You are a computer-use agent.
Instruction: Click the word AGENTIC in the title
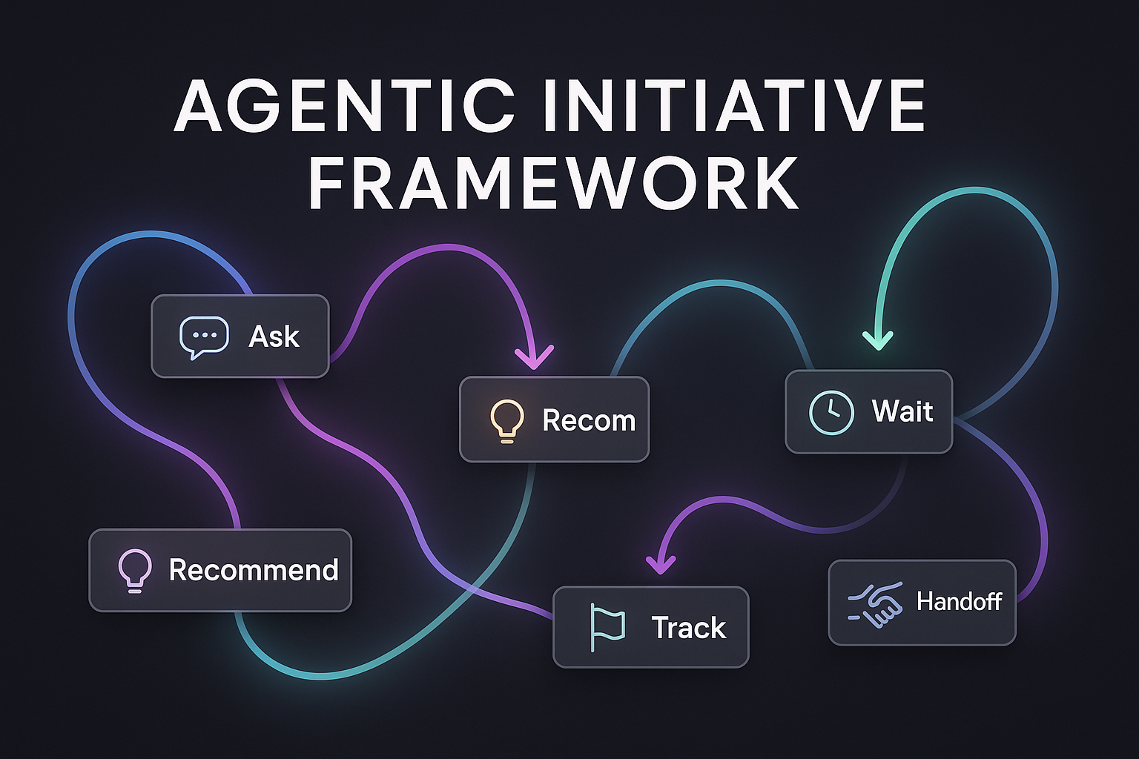(x=344, y=106)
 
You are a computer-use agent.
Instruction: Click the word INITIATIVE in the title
(x=734, y=106)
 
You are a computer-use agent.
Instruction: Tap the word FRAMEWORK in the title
(x=553, y=182)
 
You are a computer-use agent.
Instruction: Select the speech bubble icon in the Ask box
(x=204, y=337)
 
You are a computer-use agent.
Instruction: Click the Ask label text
(x=274, y=337)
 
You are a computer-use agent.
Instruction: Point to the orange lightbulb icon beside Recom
(x=506, y=421)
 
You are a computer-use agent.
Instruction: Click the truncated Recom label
(x=589, y=421)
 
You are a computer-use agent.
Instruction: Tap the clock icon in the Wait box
(x=831, y=412)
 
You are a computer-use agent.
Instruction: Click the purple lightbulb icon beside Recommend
(x=135, y=571)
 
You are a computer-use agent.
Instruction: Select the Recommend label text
(x=253, y=570)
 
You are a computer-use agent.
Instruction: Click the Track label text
(x=688, y=627)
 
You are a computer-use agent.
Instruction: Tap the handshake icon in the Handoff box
(x=875, y=604)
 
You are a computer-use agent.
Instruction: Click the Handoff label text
(x=959, y=601)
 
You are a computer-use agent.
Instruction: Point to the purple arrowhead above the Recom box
(x=534, y=358)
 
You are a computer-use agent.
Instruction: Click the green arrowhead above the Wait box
(x=878, y=341)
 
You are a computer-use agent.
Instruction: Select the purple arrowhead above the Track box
(x=661, y=565)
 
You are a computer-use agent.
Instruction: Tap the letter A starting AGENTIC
(x=198, y=106)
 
